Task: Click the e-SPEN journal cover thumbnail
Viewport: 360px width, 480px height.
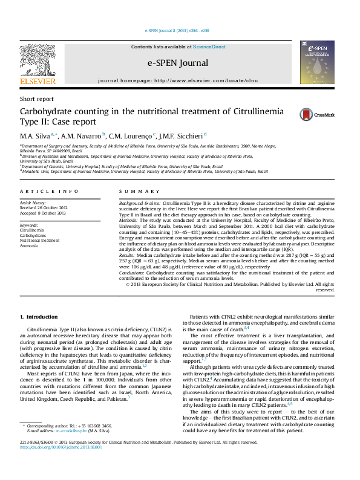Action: click(x=317, y=63)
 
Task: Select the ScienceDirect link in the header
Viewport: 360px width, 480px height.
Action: click(x=209, y=47)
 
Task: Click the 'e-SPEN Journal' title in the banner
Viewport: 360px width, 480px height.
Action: click(x=177, y=63)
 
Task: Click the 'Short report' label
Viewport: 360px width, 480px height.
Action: click(x=36, y=99)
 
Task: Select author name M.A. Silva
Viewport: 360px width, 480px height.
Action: click(x=36, y=135)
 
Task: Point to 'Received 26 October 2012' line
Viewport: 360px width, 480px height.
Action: click(x=44, y=209)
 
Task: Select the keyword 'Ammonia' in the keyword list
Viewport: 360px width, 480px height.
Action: click(x=29, y=246)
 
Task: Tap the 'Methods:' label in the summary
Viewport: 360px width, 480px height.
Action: click(x=129, y=221)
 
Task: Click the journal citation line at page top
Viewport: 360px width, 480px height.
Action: click(x=177, y=30)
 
